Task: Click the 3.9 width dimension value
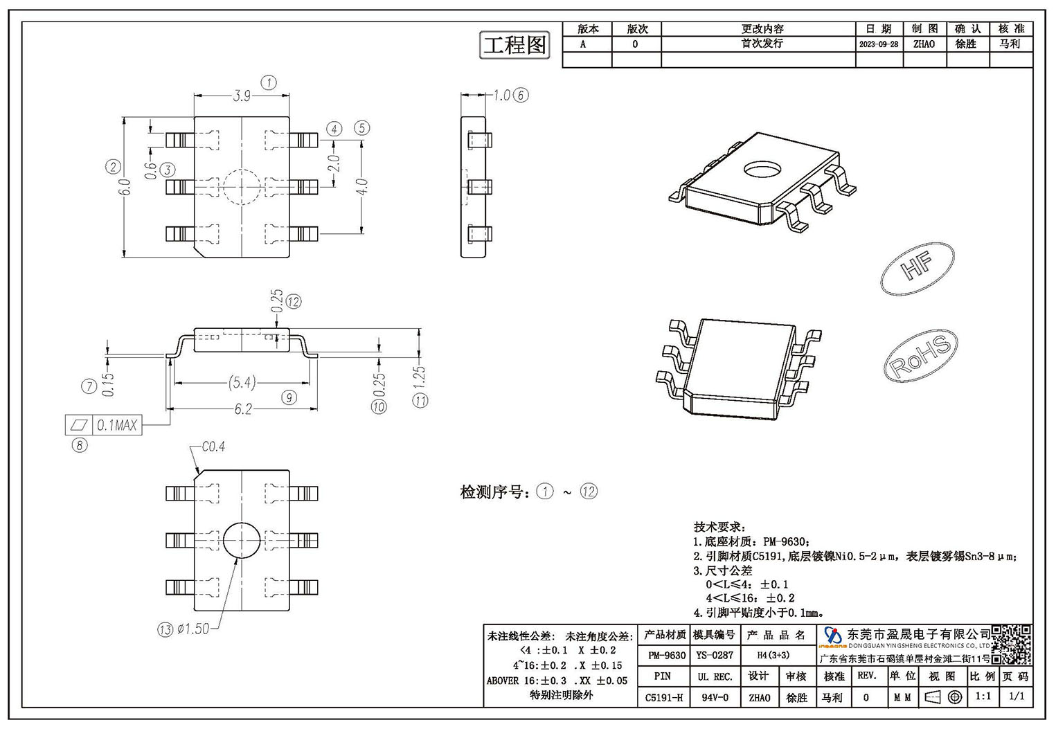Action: [242, 96]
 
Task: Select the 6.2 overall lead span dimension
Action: [243, 409]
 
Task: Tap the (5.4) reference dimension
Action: [242, 383]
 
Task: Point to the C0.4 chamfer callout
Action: [213, 447]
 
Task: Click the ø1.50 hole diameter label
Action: [193, 629]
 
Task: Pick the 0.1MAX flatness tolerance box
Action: [103, 426]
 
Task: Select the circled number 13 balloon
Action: [165, 629]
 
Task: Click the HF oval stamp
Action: [918, 269]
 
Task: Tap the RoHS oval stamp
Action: [921, 356]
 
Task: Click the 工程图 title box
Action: [514, 45]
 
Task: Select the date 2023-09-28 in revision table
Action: [879, 44]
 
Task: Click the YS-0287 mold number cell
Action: [715, 655]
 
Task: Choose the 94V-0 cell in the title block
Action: [715, 697]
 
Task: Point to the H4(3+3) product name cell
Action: [773, 655]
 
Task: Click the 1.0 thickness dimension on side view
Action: [501, 96]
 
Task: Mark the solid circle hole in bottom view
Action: [242, 540]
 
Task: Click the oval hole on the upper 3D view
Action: [762, 169]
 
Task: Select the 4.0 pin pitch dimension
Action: [362, 187]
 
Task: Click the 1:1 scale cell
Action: [983, 696]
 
